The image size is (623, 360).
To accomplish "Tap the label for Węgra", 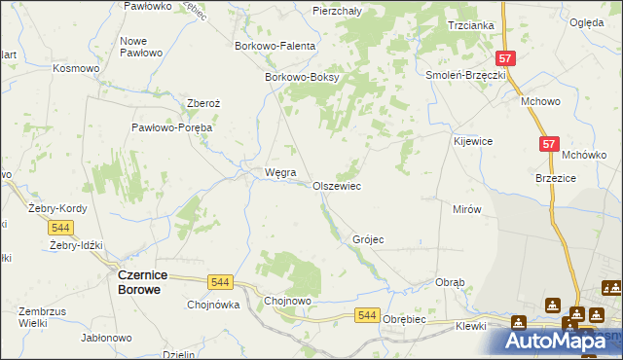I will tap(267, 173).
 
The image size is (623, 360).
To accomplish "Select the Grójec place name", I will tap(368, 239).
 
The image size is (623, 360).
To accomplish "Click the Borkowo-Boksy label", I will tap(301, 79).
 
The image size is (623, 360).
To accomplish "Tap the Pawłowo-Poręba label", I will tap(172, 127).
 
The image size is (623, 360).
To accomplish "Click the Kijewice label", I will tap(472, 141).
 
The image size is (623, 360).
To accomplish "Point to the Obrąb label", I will tap(450, 282).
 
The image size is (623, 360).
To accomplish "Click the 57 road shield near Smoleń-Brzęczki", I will tap(504, 58).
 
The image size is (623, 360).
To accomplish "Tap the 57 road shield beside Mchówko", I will tap(550, 144).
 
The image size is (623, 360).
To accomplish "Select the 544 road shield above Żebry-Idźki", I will tap(60, 227).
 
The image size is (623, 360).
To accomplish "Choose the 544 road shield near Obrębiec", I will tap(366, 314).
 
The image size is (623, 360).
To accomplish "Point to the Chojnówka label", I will tap(213, 304).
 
